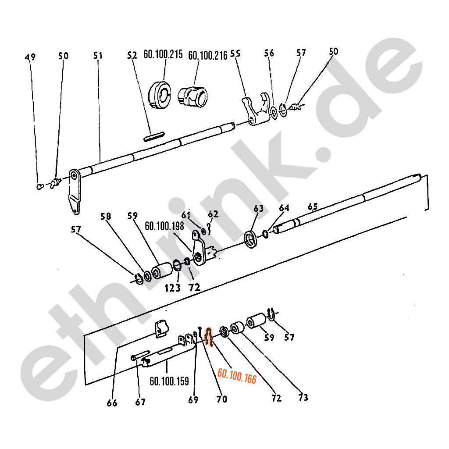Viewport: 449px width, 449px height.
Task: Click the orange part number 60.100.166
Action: [237, 376]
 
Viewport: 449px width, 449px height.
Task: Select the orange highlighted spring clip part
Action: [209, 337]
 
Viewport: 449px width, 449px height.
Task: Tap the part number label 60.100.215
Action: [163, 54]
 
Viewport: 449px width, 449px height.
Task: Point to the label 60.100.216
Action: [207, 55]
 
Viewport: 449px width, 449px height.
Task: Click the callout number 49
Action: [30, 57]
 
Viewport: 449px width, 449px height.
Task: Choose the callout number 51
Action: [98, 55]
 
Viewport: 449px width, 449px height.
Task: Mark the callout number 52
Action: [132, 55]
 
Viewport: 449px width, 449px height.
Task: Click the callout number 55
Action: [235, 53]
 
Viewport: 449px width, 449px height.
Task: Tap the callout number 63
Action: [259, 208]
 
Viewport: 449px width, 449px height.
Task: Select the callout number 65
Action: [313, 207]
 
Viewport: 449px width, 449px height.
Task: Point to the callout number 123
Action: [173, 288]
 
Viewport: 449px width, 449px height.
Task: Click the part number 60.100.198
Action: [164, 226]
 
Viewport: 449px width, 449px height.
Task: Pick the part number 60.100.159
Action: [169, 381]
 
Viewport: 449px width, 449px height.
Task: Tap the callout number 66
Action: [112, 403]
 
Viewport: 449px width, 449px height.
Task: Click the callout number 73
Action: [303, 397]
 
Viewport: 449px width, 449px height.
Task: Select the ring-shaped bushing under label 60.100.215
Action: [160, 95]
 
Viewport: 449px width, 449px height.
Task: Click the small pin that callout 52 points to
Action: [154, 136]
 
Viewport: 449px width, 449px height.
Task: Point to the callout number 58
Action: [106, 216]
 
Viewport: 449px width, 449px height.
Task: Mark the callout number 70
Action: [222, 399]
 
